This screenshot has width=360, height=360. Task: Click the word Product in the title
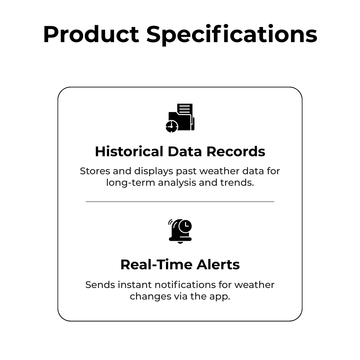pos(91,35)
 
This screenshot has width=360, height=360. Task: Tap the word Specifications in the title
pos(231,35)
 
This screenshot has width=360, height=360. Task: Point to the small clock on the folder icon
pos(172,126)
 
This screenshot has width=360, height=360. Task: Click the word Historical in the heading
pos(129,152)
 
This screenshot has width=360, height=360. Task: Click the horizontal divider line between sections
pos(180,202)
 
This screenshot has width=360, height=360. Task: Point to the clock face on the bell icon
pos(185,226)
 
